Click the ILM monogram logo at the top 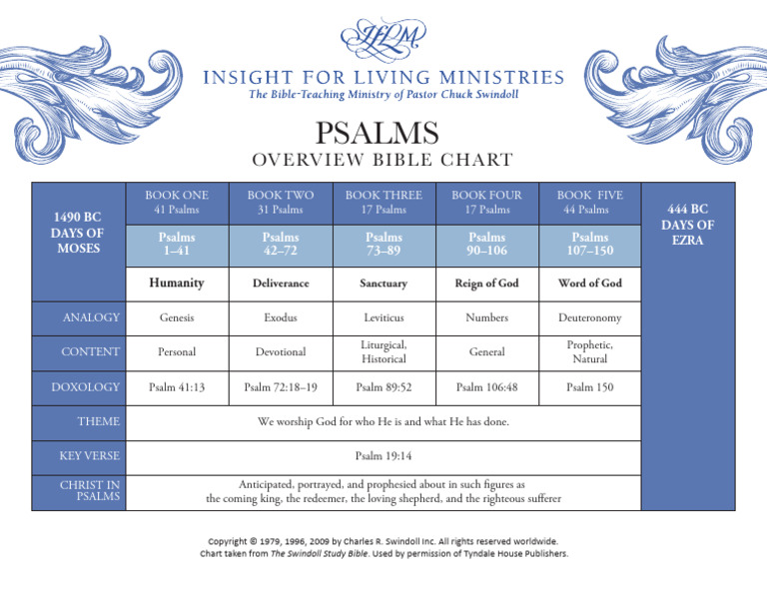[383, 40]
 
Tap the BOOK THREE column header [383, 202]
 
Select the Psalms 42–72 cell [281, 245]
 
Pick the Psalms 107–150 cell [589, 245]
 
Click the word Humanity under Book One [176, 284]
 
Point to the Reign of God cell [486, 284]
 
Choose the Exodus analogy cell [281, 317]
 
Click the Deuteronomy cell [589, 317]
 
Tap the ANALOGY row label [91, 317]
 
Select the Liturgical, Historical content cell [383, 351]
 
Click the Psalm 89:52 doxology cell [383, 386]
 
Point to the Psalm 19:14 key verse [383, 455]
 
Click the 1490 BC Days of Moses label [79, 232]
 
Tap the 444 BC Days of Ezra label [687, 225]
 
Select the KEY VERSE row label [90, 455]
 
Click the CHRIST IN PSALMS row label [92, 490]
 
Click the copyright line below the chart [383, 541]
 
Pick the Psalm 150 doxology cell [589, 386]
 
